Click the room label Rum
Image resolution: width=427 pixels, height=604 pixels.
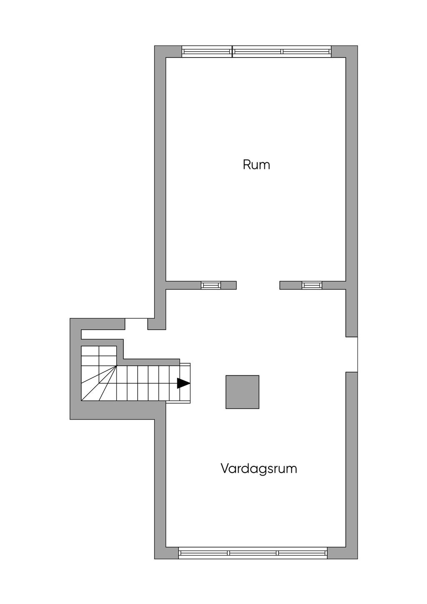(x=256, y=164)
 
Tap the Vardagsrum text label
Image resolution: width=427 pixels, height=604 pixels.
(x=259, y=468)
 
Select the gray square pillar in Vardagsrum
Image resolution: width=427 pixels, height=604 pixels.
(x=242, y=392)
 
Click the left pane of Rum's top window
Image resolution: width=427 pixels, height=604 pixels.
(x=207, y=52)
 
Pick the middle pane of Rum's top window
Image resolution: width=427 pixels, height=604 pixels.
(x=257, y=52)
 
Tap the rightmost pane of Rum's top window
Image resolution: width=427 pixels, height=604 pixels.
(x=306, y=52)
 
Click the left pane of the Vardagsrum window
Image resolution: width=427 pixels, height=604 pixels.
(x=203, y=553)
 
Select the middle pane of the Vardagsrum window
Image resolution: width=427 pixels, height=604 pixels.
(x=253, y=553)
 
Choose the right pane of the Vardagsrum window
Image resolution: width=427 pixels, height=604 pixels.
(x=302, y=553)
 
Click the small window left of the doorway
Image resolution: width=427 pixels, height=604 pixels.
(x=211, y=285)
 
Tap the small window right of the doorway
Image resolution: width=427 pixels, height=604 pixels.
(x=312, y=285)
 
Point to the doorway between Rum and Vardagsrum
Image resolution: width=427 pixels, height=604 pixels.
(x=258, y=285)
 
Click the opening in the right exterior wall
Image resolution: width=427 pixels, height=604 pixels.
(x=352, y=354)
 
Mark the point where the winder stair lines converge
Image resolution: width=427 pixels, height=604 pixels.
(x=116, y=365)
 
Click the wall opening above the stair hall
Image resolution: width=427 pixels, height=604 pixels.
(x=136, y=324)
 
